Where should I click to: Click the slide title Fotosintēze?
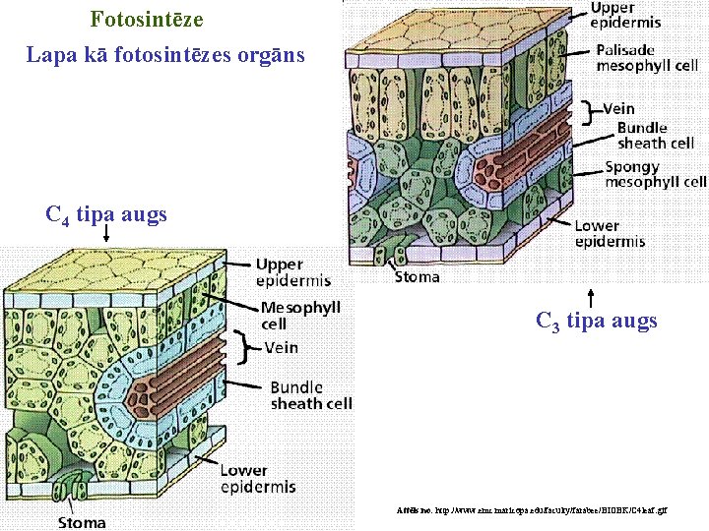click(147, 19)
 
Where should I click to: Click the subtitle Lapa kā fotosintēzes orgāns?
click(165, 55)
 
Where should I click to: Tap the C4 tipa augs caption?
click(106, 213)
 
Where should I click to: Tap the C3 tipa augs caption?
click(597, 321)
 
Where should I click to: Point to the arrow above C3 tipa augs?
click(591, 297)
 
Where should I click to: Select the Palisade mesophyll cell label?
click(647, 57)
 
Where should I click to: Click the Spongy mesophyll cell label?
click(655, 174)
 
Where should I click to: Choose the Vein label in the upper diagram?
click(618, 108)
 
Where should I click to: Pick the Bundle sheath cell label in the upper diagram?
click(655, 135)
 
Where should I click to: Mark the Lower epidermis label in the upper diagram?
click(611, 233)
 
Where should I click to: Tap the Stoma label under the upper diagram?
click(418, 277)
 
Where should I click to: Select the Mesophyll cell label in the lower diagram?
click(300, 316)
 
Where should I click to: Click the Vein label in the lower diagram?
click(281, 347)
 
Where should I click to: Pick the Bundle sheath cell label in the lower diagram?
click(310, 395)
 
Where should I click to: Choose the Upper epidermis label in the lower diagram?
click(292, 272)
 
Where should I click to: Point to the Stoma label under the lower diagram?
click(82, 522)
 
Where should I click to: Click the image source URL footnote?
click(531, 512)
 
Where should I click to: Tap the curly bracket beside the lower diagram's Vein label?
click(249, 347)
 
